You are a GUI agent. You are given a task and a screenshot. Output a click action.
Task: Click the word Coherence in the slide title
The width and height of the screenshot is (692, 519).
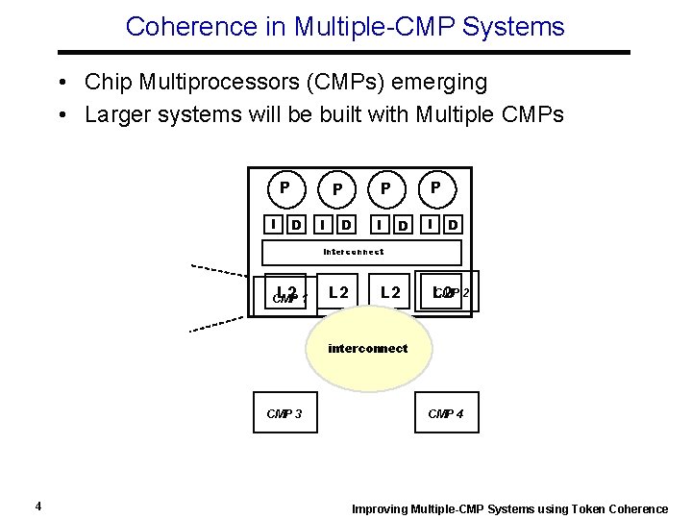click(179, 26)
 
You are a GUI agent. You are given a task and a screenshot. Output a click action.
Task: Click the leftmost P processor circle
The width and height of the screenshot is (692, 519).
click(285, 187)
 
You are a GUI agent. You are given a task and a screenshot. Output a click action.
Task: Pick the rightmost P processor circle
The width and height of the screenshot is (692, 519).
click(436, 187)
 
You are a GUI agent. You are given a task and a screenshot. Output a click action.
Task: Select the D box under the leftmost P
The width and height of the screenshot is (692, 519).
click(297, 225)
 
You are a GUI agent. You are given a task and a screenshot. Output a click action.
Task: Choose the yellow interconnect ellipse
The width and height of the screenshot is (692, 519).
click(367, 348)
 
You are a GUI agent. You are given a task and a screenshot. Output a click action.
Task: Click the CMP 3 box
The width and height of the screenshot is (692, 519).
click(284, 412)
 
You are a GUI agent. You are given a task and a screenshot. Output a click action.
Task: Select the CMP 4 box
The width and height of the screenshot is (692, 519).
click(446, 412)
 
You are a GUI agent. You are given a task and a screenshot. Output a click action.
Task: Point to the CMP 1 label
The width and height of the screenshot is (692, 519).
click(289, 299)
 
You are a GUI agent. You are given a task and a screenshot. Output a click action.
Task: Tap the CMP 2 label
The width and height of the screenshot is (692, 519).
click(453, 292)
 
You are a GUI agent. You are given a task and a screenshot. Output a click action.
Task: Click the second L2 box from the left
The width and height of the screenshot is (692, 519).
click(338, 291)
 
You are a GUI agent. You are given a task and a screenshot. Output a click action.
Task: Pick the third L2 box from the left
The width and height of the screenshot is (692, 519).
click(390, 291)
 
